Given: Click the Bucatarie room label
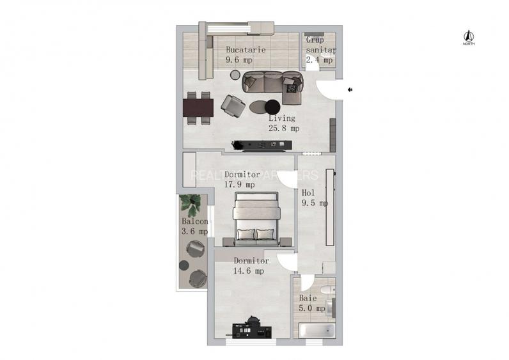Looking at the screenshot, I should coord(246,54).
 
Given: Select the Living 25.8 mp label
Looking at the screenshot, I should coord(282,123).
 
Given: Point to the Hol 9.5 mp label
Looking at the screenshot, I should coord(314,198).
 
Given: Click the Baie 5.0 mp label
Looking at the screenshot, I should coord(311,303).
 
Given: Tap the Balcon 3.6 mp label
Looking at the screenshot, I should coord(194,226).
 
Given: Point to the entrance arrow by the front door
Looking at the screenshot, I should coord(350,90).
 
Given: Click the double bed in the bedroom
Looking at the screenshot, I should coord(256,219).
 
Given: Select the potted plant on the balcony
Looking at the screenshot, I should coord(191,205).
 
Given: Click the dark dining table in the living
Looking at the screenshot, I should coord(198,106).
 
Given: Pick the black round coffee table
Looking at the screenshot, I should coord(273,106).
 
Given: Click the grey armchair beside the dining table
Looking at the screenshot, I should coord(232,106).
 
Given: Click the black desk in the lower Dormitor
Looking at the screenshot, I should coord(252,331).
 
